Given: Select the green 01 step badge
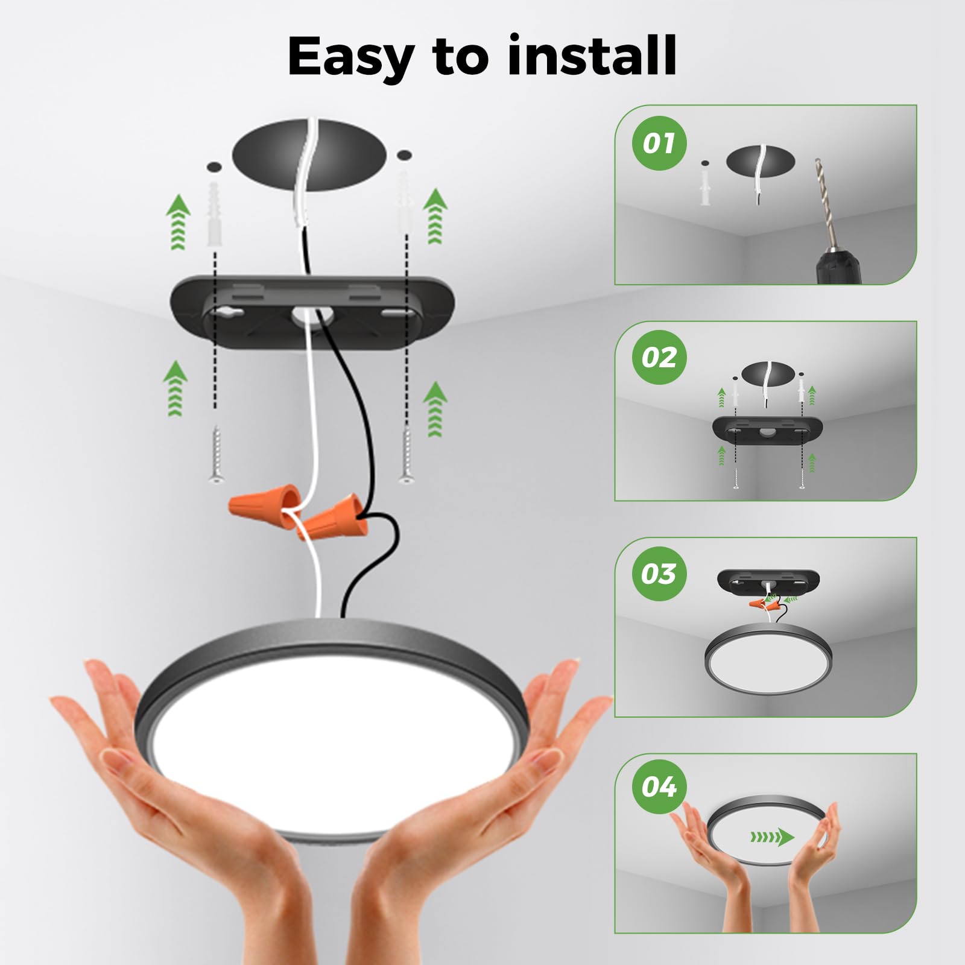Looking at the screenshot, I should point(659,144).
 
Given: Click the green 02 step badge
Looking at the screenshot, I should point(659,358).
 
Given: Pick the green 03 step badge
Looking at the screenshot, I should point(659,574).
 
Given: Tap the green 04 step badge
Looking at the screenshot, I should point(659,787).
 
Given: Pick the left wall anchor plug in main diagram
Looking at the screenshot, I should point(214,214).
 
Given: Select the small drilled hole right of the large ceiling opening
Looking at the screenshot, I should point(405,155).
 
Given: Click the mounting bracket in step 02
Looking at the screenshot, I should point(767,429).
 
